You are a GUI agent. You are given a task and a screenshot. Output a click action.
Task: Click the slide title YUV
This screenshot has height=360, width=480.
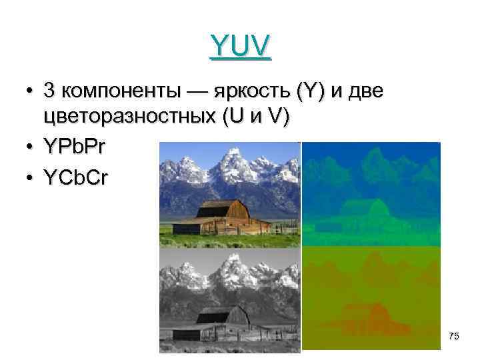point(240,46)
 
